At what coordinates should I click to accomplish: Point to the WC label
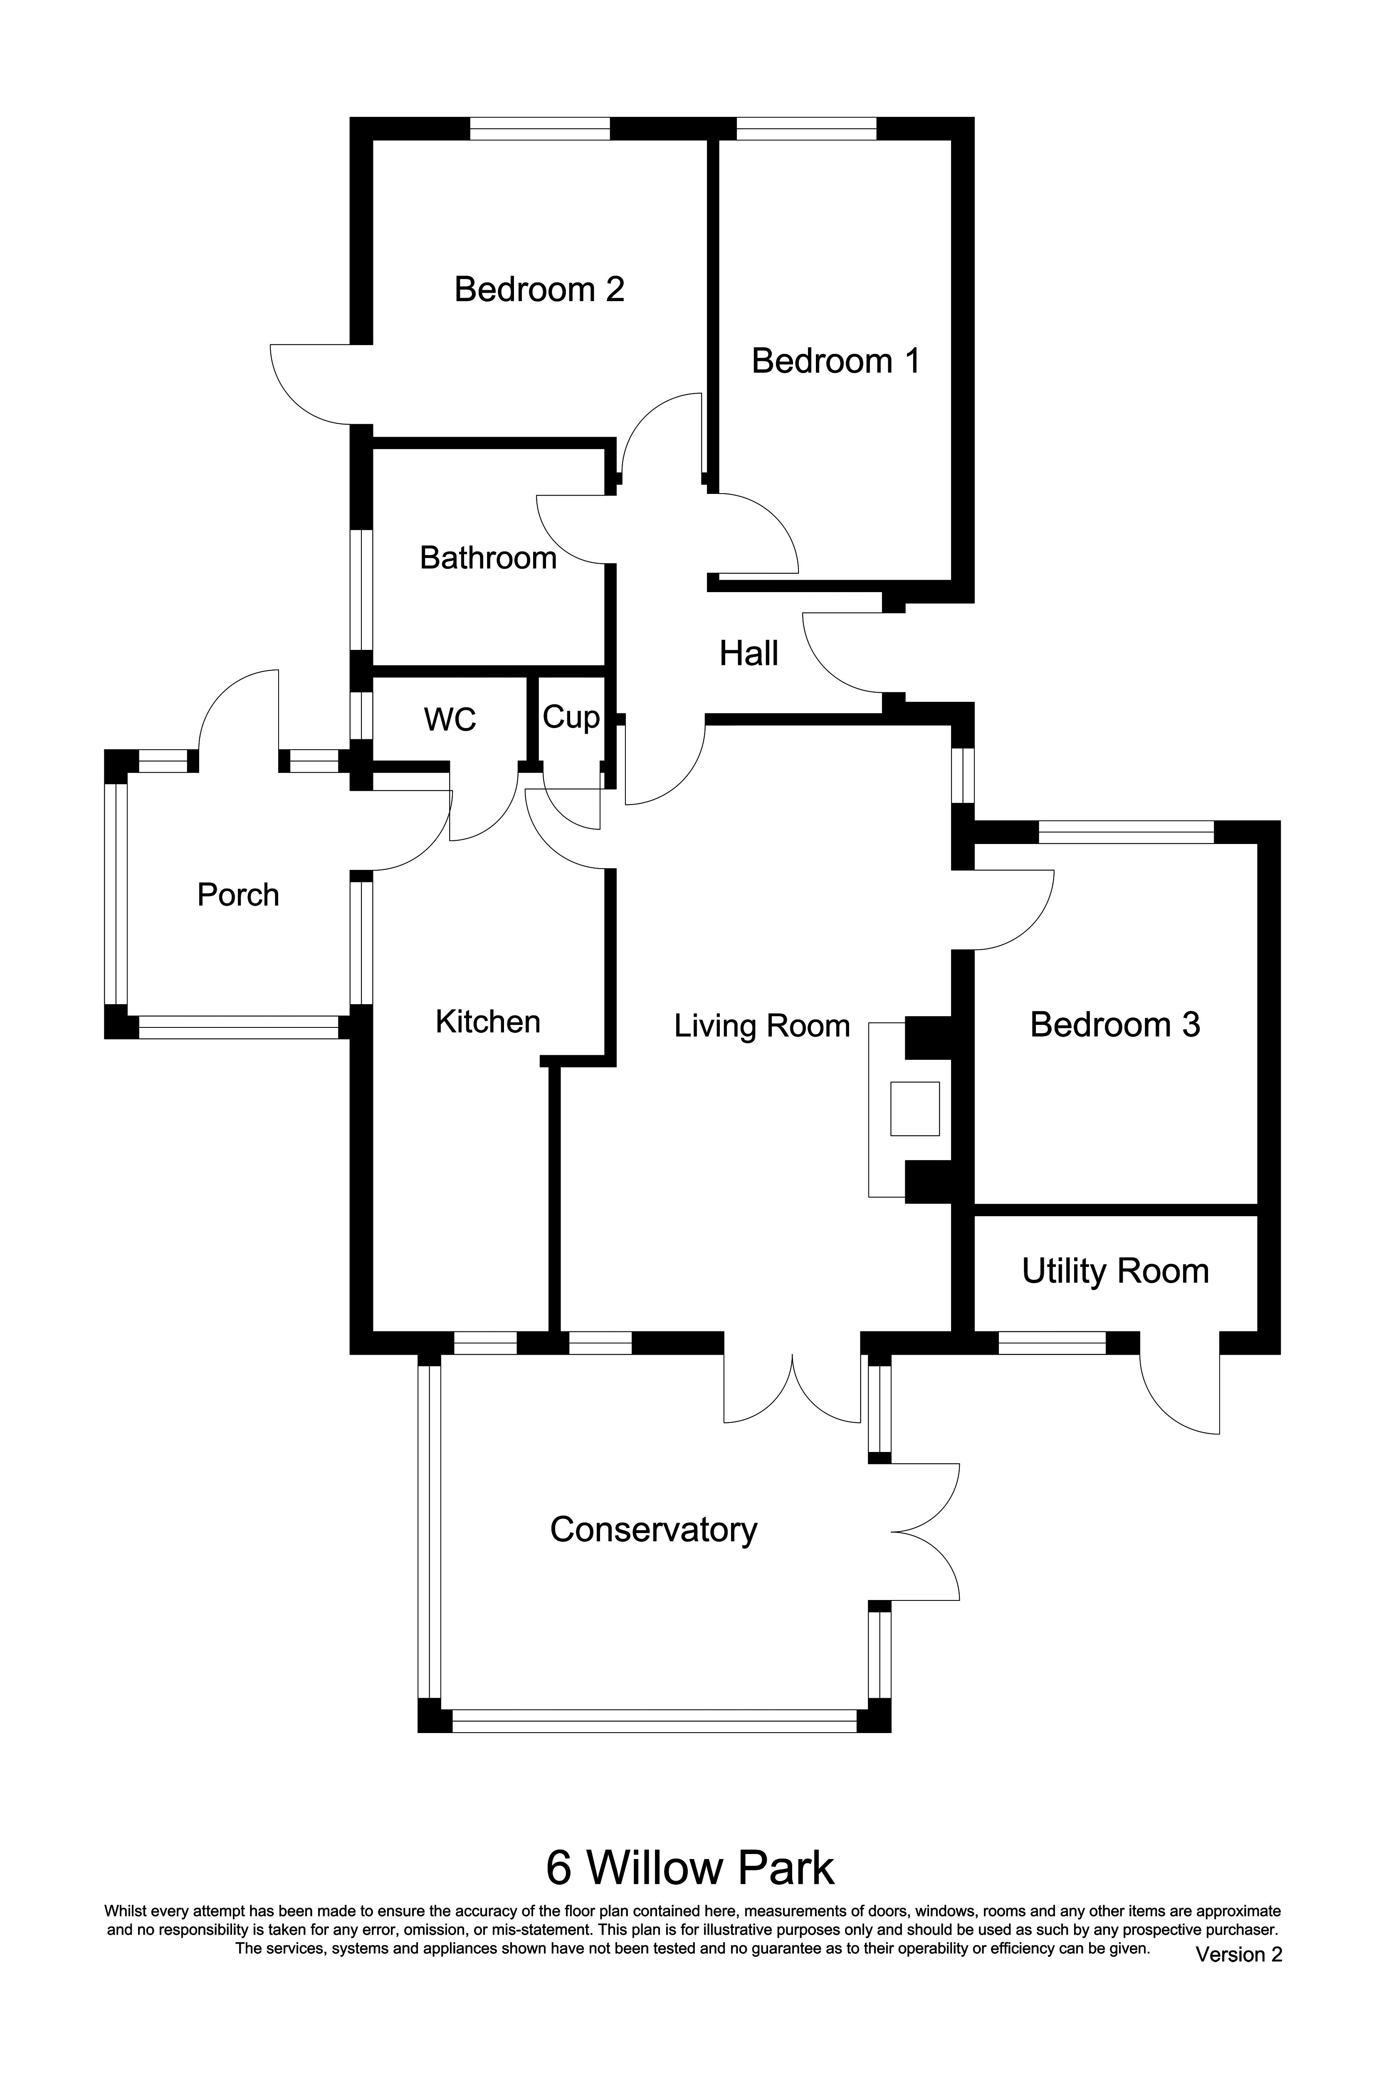coord(450,719)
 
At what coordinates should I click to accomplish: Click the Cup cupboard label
coord(570,717)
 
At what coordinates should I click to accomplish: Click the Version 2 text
coord(1238,1954)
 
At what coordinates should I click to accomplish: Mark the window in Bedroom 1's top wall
coord(806,129)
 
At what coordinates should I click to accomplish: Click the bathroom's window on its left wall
coord(361,590)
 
